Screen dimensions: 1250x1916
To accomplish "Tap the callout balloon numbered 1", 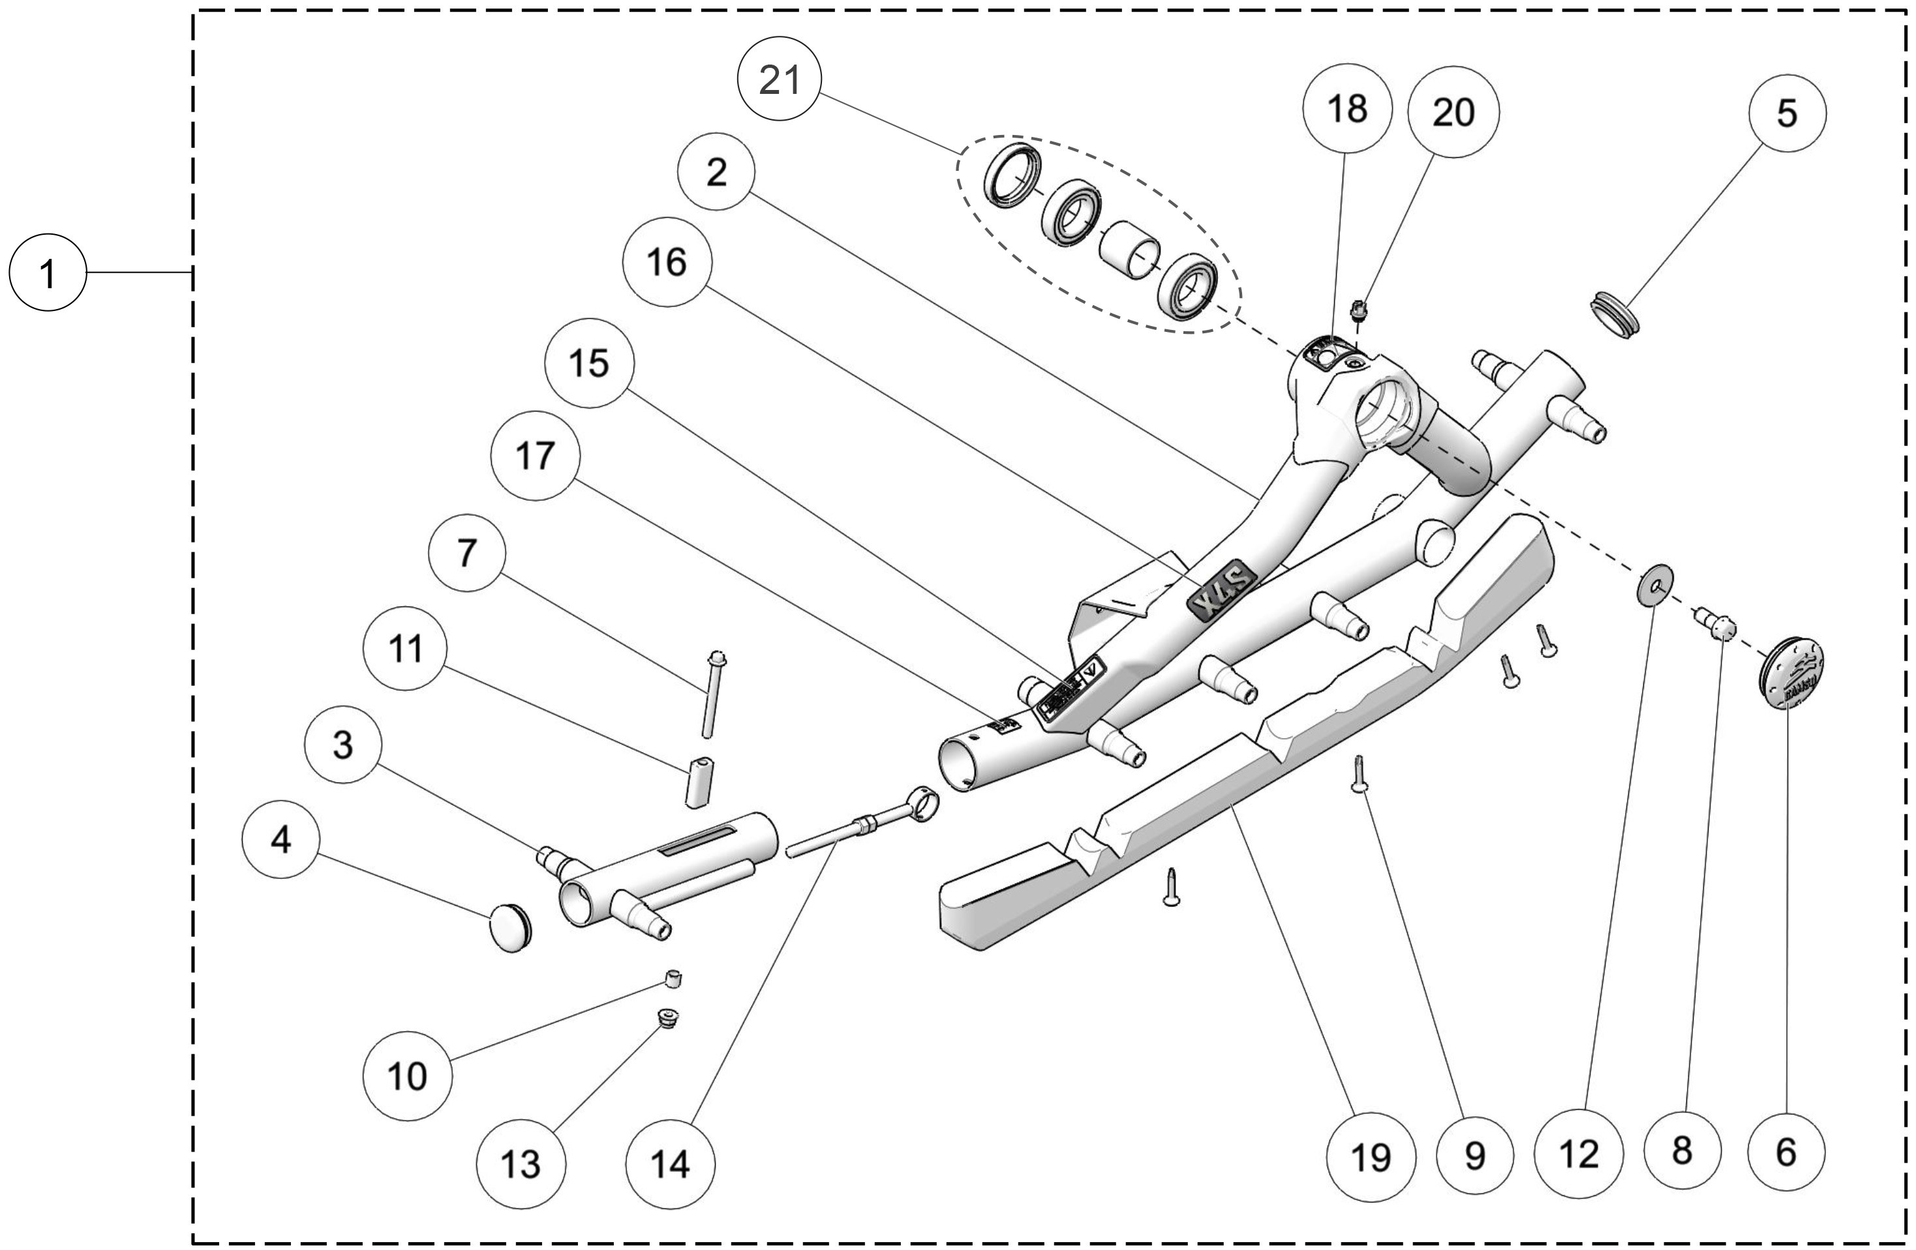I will tap(48, 274).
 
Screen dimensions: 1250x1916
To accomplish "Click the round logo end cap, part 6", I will tap(1791, 672).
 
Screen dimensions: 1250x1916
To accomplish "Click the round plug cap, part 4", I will tap(510, 927).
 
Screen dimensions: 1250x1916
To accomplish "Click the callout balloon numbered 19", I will tap(1370, 1157).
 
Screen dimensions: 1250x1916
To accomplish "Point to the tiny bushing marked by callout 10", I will tap(674, 979).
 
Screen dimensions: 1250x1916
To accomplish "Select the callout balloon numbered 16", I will tap(667, 261).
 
